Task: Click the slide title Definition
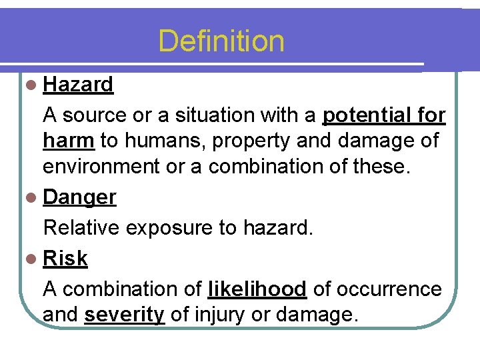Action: point(221,41)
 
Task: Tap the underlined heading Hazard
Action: point(78,85)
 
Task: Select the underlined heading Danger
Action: point(79,197)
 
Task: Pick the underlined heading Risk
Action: point(65,259)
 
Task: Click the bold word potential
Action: point(363,115)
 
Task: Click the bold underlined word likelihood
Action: point(257,289)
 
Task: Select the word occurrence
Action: point(390,289)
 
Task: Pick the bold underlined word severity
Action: point(124,315)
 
